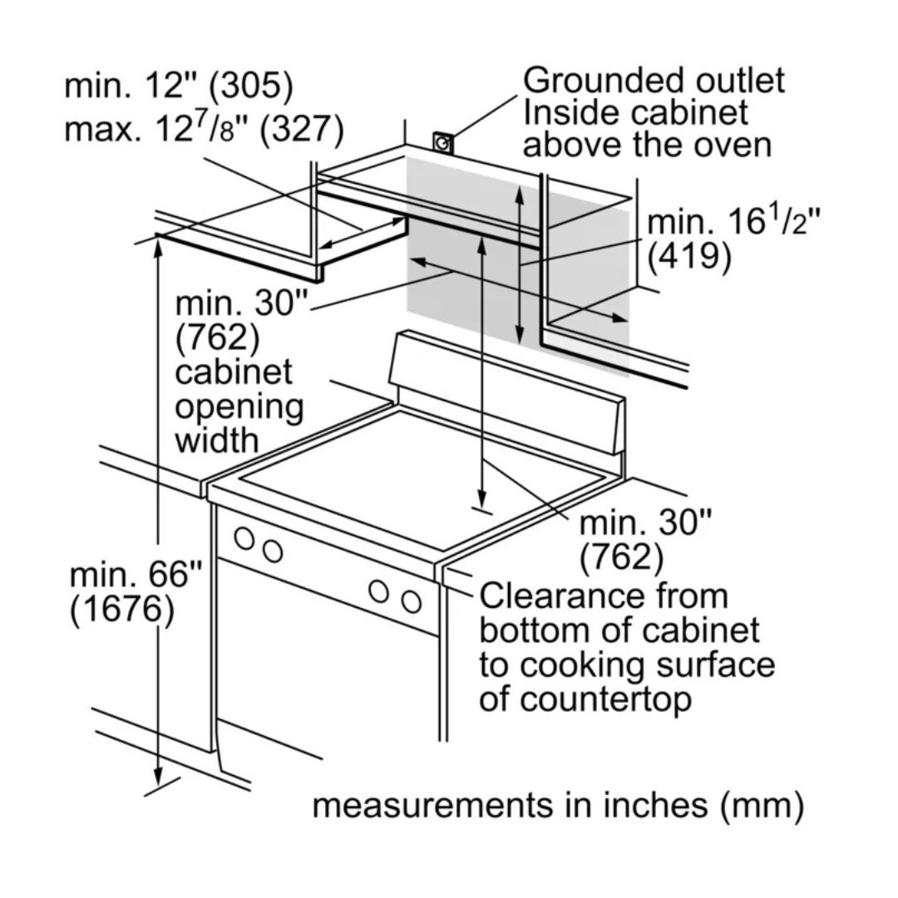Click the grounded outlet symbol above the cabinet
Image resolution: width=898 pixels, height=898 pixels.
[x=443, y=143]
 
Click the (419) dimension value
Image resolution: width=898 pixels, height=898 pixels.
[x=689, y=257]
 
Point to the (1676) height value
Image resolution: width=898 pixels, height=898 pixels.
[x=122, y=609]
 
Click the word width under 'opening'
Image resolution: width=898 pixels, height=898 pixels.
[x=216, y=441]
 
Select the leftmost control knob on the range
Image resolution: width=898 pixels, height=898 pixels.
[x=244, y=538]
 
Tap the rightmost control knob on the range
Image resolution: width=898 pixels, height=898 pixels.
[x=411, y=601]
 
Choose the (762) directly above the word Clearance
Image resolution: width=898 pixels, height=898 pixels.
[x=622, y=557]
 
